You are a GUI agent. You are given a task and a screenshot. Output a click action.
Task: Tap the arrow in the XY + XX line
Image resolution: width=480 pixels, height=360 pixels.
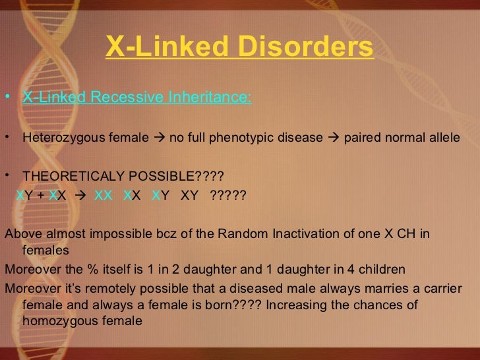[x=80, y=196]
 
